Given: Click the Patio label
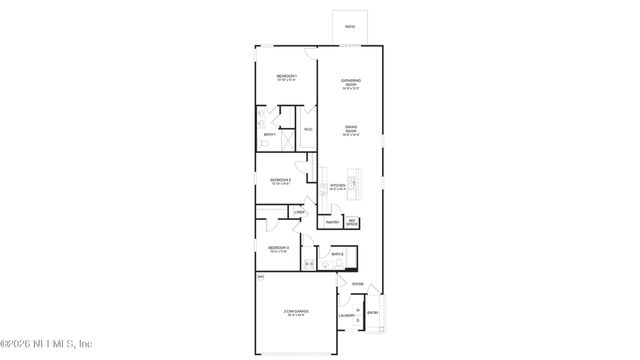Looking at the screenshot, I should pyautogui.click(x=350, y=26).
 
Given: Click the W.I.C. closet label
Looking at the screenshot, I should pyautogui.click(x=308, y=129).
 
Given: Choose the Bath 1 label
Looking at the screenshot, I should pyautogui.click(x=270, y=135).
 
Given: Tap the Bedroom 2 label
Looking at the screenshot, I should pyautogui.click(x=280, y=181).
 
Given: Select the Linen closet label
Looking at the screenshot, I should pyautogui.click(x=299, y=212).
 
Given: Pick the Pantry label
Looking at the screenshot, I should pyautogui.click(x=332, y=222).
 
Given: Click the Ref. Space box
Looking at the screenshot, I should pyautogui.click(x=352, y=222).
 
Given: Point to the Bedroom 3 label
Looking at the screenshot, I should pyautogui.click(x=278, y=248).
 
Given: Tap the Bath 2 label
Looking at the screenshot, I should pyautogui.click(x=338, y=254).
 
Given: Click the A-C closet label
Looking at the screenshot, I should pyautogui.click(x=309, y=264).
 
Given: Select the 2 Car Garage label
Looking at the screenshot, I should pyautogui.click(x=295, y=313).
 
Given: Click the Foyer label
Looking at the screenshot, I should pyautogui.click(x=357, y=284).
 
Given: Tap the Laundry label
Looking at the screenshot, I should pyautogui.click(x=346, y=317).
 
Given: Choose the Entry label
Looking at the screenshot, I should pyautogui.click(x=372, y=313).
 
